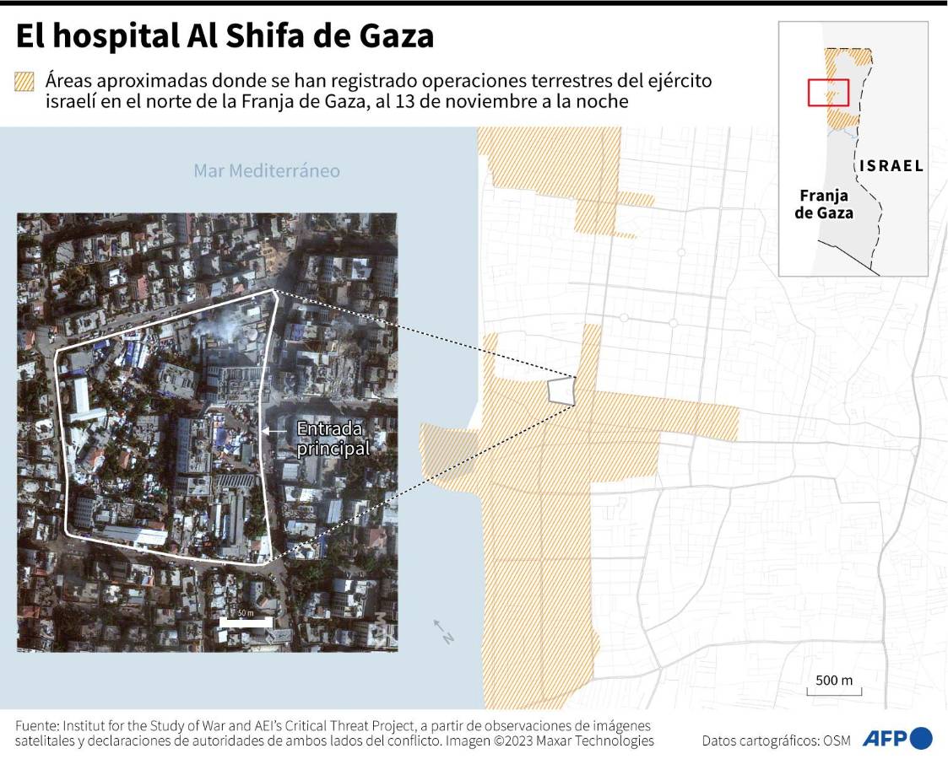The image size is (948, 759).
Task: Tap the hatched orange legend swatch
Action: tap(24, 82)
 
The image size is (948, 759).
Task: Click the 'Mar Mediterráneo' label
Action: tap(267, 171)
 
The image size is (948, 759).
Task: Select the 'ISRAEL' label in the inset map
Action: tap(891, 166)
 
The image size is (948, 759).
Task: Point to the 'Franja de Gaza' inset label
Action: tap(823, 204)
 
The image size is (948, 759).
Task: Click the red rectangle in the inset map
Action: tap(828, 92)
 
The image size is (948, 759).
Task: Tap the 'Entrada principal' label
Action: tap(333, 439)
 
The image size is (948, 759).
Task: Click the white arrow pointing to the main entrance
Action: tap(275, 431)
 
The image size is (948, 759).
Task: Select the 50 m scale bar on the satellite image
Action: tap(245, 622)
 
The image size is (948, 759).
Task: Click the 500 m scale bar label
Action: tap(834, 681)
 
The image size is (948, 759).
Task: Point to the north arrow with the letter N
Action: tap(443, 632)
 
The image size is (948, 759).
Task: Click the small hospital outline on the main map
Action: tap(561, 390)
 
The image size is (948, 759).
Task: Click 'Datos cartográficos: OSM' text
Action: tap(772, 740)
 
